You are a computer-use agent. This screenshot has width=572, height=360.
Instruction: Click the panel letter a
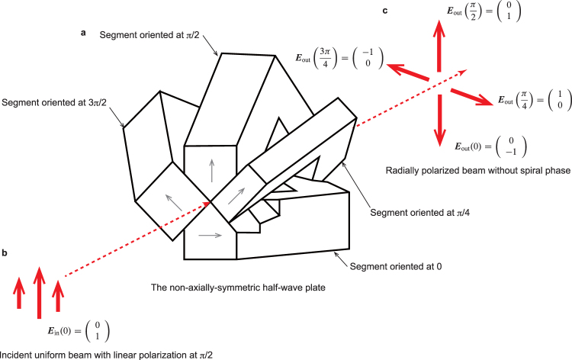[85, 33]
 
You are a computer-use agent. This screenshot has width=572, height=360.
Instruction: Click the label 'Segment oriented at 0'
[397, 266]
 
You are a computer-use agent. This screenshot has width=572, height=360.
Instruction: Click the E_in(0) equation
[77, 331]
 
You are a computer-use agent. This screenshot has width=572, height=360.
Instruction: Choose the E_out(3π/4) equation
[338, 63]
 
